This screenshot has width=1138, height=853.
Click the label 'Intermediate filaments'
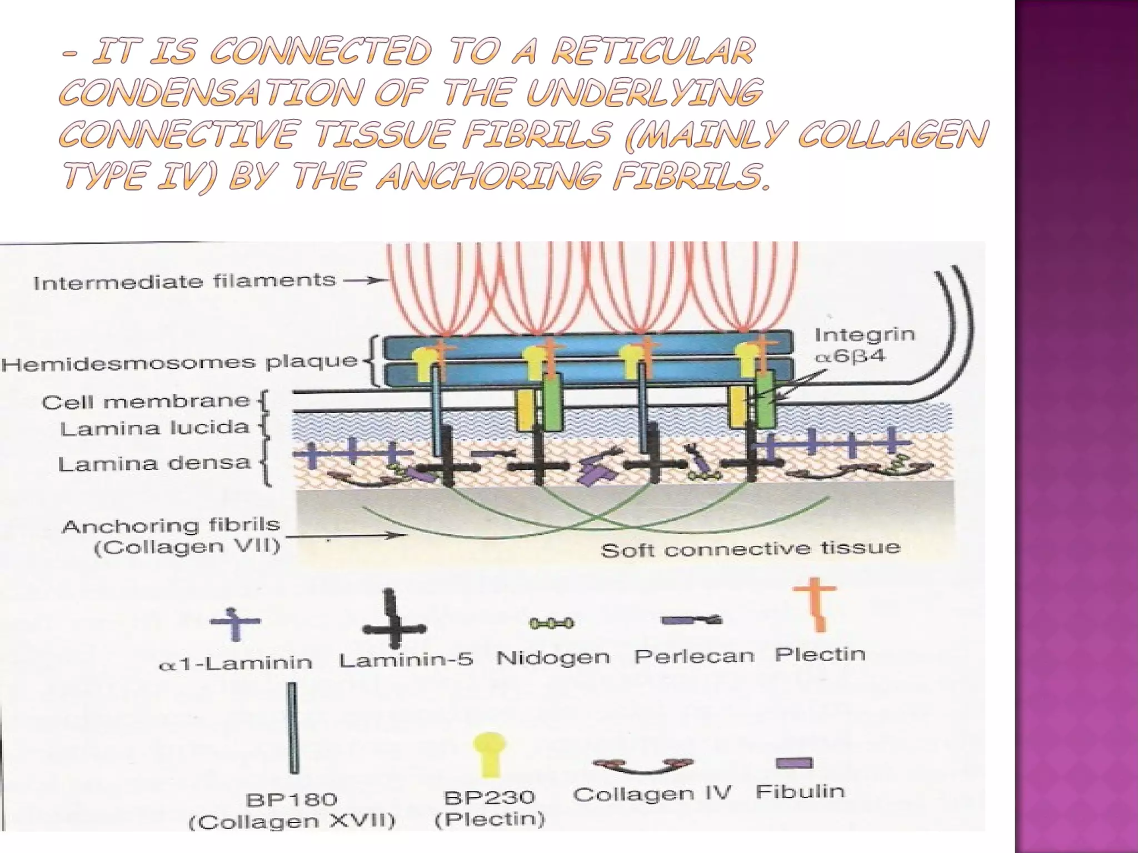(x=184, y=282)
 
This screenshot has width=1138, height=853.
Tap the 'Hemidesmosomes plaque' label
(x=179, y=364)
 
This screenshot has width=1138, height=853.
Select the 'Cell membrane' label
(x=146, y=402)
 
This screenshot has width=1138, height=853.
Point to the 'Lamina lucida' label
(x=154, y=428)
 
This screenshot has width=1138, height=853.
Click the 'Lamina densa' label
(x=154, y=463)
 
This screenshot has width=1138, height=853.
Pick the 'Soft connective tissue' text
(x=750, y=549)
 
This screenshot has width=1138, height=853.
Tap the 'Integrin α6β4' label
(x=864, y=345)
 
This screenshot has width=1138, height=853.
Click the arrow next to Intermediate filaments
(x=364, y=280)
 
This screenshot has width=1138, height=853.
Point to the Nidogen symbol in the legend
(x=551, y=624)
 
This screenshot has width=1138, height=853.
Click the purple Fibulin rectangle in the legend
(x=794, y=763)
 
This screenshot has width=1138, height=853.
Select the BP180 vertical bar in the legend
(x=292, y=727)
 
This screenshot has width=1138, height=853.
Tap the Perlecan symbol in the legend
(x=691, y=620)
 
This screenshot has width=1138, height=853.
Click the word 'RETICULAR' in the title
(x=653, y=52)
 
